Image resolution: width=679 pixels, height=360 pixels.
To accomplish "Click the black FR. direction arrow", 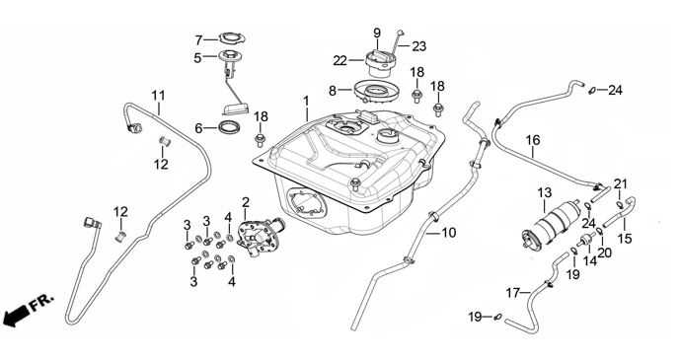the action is tap(14, 315).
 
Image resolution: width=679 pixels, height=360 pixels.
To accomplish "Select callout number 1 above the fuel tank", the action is tap(306, 102).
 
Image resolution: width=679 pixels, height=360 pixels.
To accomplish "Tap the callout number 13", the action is tap(545, 193).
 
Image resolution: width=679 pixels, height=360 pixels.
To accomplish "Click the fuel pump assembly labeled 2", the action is tap(259, 234).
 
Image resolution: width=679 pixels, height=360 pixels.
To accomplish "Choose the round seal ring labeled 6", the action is tap(229, 127).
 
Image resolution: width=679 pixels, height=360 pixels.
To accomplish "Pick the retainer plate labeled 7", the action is tap(232, 38).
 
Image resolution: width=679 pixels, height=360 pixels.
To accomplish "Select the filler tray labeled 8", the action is tap(374, 92).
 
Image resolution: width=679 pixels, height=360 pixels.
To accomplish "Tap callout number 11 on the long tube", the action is tap(158, 96).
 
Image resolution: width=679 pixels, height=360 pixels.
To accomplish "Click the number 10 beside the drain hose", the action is tap(449, 233).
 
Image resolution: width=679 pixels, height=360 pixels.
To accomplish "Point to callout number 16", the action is tap(533, 140).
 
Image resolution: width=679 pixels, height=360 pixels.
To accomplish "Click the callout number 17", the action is tap(513, 293).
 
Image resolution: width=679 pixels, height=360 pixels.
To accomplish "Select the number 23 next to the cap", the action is tap(418, 46).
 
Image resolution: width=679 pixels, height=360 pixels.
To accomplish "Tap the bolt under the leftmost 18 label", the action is tap(261, 139).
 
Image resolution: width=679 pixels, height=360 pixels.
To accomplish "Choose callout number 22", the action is tap(339, 61).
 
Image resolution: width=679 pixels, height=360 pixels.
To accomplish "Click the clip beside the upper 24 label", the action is tap(592, 91).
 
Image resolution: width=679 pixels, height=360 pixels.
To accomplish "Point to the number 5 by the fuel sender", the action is tap(197, 58).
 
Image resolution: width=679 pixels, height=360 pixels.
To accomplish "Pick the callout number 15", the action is tap(625, 239).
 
